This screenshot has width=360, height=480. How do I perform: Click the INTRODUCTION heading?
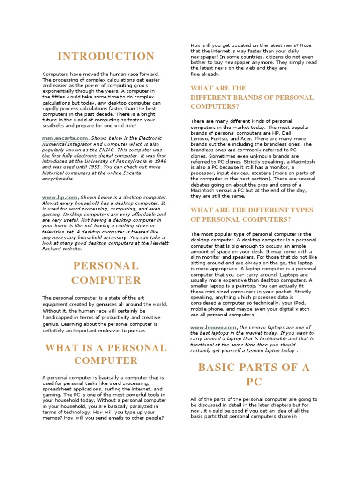click(105, 57)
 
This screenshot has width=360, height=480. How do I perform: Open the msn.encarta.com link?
click(65, 138)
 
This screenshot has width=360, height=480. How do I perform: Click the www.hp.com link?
click(60, 197)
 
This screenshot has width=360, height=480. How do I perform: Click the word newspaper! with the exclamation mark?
click(207, 57)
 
